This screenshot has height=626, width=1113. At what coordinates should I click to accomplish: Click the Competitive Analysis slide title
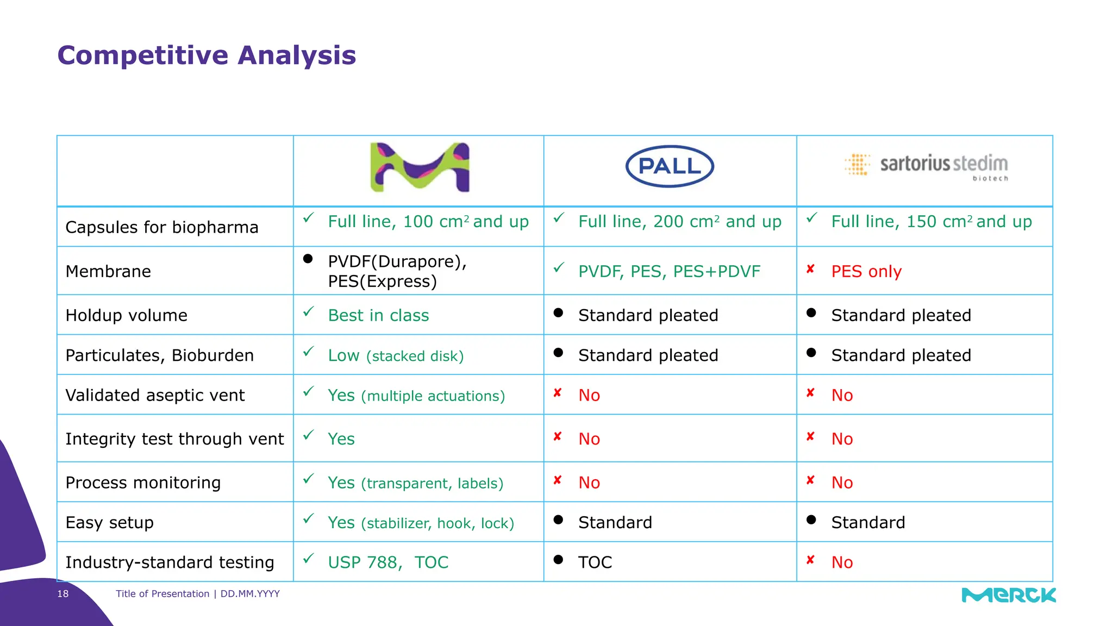[207, 55]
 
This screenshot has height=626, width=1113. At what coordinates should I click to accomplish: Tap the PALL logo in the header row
[670, 166]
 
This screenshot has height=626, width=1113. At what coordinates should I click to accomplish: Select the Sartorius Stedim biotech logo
[927, 166]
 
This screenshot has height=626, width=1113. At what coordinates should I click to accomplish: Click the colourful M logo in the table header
[420, 167]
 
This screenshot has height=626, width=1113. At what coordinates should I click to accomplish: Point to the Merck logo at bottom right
[1009, 595]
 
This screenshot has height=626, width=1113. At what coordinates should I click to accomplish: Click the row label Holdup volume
[126, 315]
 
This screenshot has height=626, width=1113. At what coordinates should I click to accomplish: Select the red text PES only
[866, 271]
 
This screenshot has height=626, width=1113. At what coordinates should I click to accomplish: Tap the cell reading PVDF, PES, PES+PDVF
[669, 271]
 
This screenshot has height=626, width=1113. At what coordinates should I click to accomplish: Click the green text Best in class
[378, 315]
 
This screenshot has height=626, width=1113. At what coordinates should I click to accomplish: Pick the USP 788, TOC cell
[388, 562]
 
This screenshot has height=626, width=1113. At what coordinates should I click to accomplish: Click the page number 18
[63, 593]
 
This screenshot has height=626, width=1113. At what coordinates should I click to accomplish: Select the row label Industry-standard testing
[170, 562]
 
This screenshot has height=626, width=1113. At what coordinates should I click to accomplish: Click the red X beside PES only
[810, 269]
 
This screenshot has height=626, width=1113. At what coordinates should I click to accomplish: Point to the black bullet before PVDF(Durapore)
[308, 259]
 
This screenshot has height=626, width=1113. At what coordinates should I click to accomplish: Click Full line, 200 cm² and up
[679, 222]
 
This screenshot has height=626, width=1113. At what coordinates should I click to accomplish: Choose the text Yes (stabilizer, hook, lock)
[421, 522]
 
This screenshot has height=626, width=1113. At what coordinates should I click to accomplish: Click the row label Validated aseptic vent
[155, 395]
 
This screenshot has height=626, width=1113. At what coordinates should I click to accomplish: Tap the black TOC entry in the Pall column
[595, 562]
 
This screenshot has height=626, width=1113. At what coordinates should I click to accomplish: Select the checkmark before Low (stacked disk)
[309, 352]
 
